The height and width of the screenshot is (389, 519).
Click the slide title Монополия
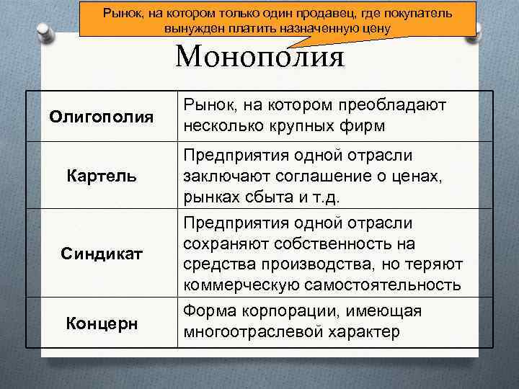coord(259,56)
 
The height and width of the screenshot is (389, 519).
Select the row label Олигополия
coord(102,116)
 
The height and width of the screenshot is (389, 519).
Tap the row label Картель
coord(102,175)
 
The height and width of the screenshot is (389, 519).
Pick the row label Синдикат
coord(102,254)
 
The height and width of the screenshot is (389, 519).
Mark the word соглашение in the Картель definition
coord(319,176)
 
